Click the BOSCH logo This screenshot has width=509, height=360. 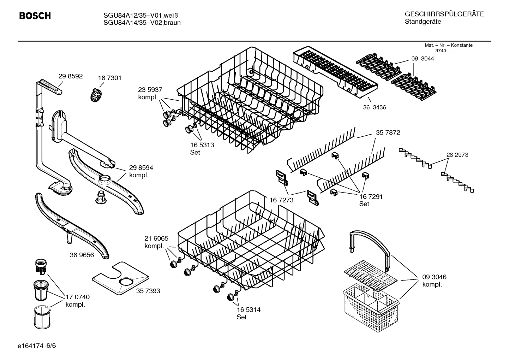point(35,16)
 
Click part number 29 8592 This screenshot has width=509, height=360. point(70,76)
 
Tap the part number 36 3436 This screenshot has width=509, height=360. point(374,107)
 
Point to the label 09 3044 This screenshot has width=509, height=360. point(423,59)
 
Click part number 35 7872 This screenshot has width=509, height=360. point(388,132)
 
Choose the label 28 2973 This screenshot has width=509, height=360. point(457,155)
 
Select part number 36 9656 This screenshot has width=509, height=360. point(82,255)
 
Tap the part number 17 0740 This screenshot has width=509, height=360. point(78,297)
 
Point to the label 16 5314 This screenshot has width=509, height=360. point(248,309)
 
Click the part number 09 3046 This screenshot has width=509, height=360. point(434,277)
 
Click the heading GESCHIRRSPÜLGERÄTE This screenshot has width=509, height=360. point(444,14)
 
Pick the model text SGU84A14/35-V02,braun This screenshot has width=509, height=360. point(142,23)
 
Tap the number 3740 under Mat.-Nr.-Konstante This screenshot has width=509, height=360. point(441,51)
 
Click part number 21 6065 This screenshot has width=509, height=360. point(156,238)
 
